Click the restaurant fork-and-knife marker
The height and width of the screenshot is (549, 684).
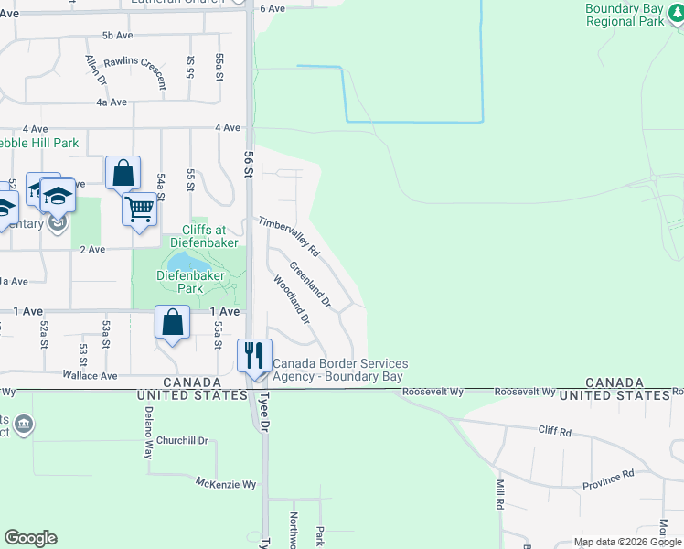click(x=255, y=354)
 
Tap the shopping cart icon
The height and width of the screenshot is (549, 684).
click(x=140, y=209)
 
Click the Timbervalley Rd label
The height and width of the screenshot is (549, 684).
click(x=288, y=236)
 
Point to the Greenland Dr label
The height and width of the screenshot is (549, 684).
click(x=309, y=284)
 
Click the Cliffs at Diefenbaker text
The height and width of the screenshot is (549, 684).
click(x=204, y=236)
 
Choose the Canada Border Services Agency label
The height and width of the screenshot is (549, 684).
click(x=339, y=370)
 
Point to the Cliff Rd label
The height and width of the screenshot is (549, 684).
click(x=554, y=430)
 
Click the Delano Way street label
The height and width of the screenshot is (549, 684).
click(x=147, y=432)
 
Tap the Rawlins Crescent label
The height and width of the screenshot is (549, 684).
click(x=135, y=71)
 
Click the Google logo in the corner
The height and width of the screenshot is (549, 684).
click(x=30, y=538)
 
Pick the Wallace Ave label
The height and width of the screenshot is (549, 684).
click(x=90, y=375)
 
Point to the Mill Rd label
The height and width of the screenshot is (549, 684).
click(x=500, y=493)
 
